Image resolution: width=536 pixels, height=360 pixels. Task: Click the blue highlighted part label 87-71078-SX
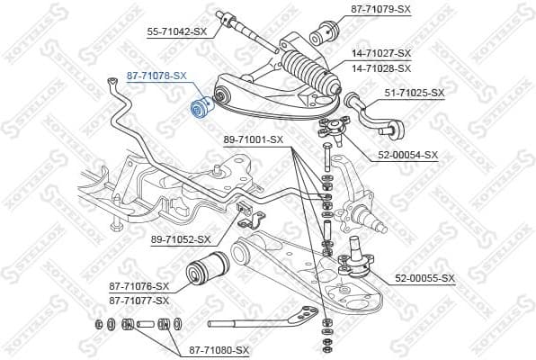pyautogui.click(x=156, y=76)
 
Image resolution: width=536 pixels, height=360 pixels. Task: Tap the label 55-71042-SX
pyautogui.click(x=176, y=31)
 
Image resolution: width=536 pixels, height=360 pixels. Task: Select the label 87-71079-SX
pyautogui.click(x=380, y=10)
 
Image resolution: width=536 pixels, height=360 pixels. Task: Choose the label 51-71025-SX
pyautogui.click(x=415, y=93)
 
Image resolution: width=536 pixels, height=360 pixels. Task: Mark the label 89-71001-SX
pyautogui.click(x=253, y=139)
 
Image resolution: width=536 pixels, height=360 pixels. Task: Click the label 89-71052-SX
pyautogui.click(x=181, y=239)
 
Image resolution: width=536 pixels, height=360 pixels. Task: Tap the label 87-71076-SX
pyautogui.click(x=139, y=286)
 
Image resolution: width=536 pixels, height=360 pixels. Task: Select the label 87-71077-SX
pyautogui.click(x=139, y=301)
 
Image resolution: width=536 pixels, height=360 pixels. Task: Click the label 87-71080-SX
pyautogui.click(x=218, y=349)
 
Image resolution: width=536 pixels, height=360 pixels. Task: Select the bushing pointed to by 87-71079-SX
pyautogui.click(x=323, y=37)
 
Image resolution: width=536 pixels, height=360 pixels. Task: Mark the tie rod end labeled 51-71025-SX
pyautogui.click(x=371, y=112)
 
